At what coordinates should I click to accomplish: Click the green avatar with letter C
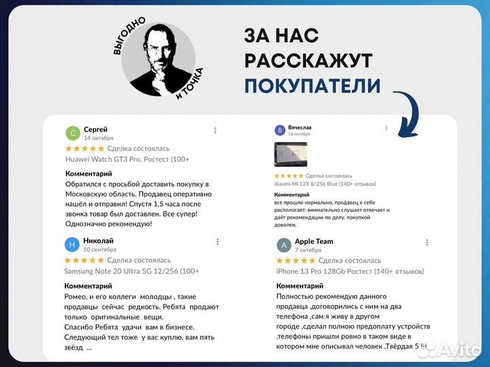[x=72, y=133]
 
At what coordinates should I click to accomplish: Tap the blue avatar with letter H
[x=72, y=245]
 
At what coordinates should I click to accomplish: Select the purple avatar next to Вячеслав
[x=280, y=130]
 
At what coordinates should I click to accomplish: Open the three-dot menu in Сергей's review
[x=216, y=130]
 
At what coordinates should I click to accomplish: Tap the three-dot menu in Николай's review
[x=217, y=242]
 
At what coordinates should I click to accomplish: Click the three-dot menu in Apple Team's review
[x=428, y=243]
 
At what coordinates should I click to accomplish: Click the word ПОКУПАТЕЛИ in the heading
[x=312, y=86]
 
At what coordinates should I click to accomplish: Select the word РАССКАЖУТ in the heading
[x=308, y=61]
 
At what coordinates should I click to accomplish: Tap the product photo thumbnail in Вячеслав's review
[x=291, y=154]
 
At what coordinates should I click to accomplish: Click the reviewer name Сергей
[x=95, y=129]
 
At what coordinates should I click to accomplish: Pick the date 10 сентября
[x=99, y=250]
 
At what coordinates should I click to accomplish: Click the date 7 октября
[x=308, y=250]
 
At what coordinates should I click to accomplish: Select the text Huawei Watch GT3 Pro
[x=108, y=159]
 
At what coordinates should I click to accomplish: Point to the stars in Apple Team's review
[x=296, y=260]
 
